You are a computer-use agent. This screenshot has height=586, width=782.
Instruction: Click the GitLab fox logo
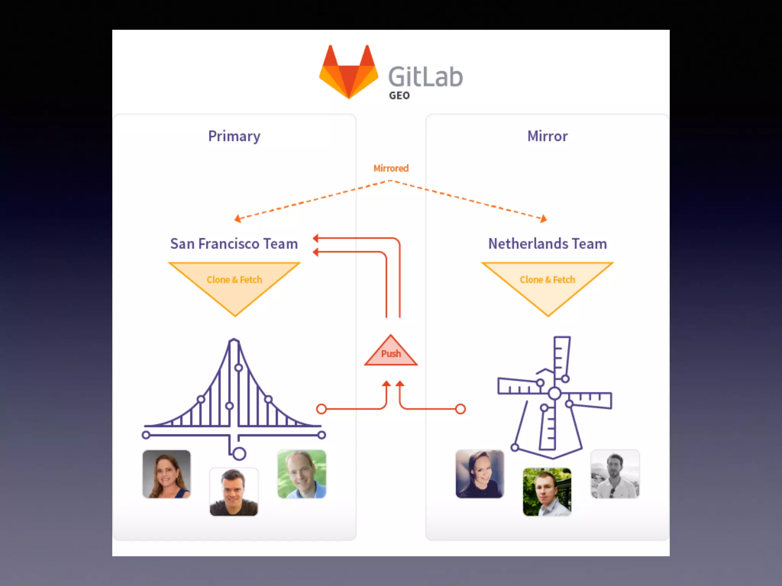coord(349,72)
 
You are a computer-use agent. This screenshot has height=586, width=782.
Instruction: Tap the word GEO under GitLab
coord(399,95)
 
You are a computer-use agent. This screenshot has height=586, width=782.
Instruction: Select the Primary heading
coord(234,136)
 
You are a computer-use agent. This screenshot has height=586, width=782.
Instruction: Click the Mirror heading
coord(547,136)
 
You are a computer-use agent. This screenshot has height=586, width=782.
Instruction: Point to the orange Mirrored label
coord(391,168)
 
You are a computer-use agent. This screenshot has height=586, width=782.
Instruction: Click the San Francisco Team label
coord(234,244)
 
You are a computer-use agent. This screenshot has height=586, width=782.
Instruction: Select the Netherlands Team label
coord(547,244)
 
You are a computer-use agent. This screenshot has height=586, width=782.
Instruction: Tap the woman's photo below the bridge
coord(166,474)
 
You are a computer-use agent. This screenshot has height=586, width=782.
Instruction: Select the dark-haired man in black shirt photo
coord(234,492)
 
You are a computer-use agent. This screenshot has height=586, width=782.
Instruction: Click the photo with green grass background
coord(302,474)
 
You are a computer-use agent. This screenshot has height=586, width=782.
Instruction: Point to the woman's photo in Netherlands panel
coord(480,474)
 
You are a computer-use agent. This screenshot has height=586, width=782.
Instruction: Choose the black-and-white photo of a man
coord(615,474)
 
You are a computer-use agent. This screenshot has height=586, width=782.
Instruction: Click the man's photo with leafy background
coord(547,492)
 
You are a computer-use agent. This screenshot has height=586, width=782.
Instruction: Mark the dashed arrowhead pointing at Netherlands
coord(543,219)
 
